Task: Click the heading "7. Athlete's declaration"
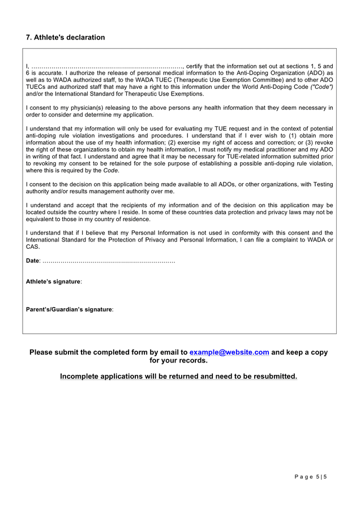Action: point(65,37)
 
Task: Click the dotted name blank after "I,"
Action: point(107,66)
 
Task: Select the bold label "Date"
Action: point(32,261)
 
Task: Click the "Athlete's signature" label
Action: point(53,282)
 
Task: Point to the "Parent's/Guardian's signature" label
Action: point(69,309)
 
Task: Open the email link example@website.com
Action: point(229,352)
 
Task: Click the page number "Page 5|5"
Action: point(311,477)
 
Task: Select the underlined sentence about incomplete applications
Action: point(178,376)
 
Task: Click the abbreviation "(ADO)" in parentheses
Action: point(316,73)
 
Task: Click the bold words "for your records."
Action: point(178,360)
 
